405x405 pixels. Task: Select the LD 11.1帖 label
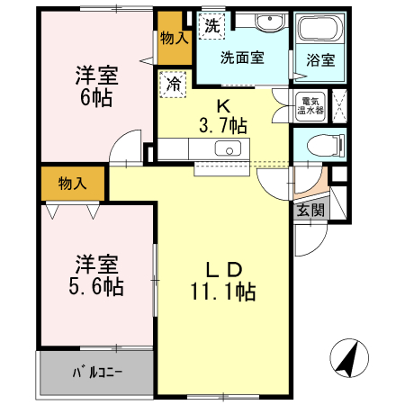click(x=222, y=280)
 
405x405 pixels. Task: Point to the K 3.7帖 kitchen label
click(x=222, y=113)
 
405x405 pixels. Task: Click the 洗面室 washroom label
click(x=242, y=57)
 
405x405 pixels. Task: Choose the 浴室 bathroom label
click(x=319, y=60)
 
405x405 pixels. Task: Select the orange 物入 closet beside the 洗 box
click(x=174, y=39)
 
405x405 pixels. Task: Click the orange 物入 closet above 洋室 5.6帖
click(x=73, y=184)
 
